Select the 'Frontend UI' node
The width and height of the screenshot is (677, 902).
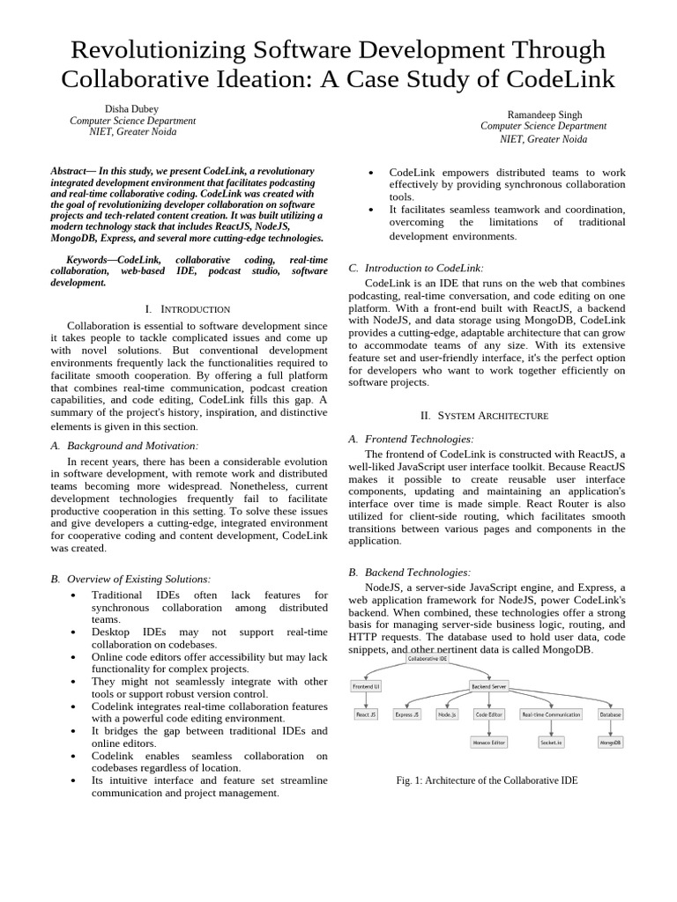point(366,685)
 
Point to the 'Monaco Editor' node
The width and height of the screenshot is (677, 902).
point(490,743)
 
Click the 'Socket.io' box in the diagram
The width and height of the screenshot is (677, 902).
point(551,743)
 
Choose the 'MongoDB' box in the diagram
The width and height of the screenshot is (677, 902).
point(610,743)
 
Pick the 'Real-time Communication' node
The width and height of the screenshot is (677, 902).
point(551,714)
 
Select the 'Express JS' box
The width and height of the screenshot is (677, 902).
point(407,714)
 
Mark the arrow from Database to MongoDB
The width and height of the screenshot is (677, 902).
point(610,728)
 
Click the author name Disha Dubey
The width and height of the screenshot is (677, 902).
point(132,109)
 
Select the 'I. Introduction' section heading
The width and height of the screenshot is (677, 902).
point(187,309)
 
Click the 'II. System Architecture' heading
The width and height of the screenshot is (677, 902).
point(493,415)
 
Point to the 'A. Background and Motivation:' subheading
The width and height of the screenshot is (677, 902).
point(124,447)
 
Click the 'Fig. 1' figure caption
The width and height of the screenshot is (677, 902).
point(487,780)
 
